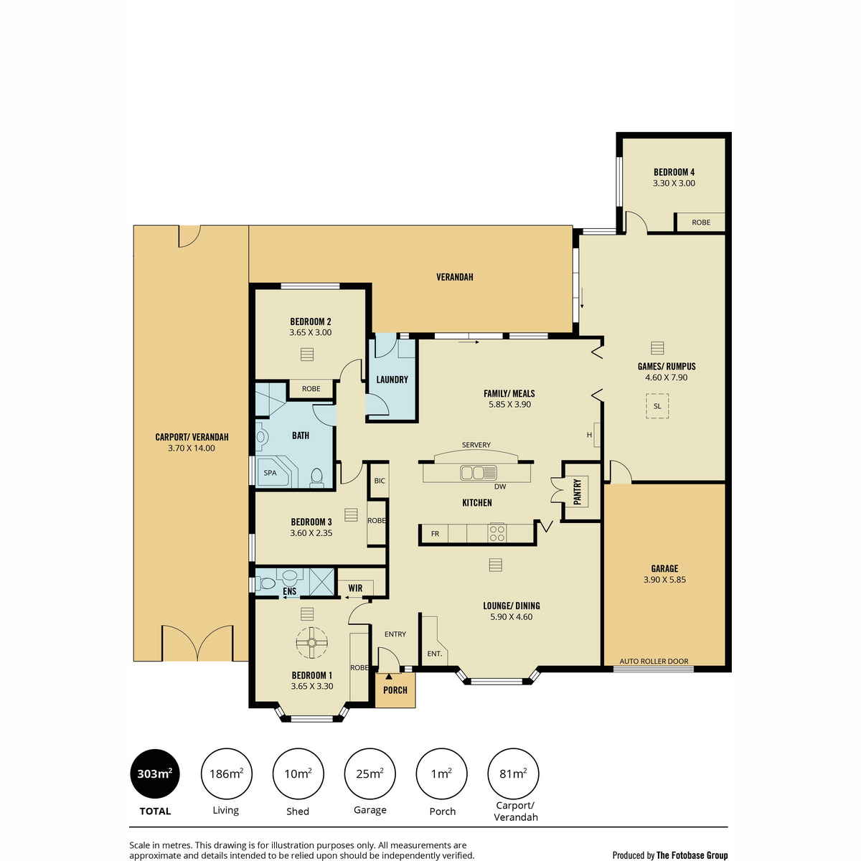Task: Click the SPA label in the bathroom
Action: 270,473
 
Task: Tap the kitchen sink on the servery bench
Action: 478,472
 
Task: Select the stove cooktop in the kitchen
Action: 497,532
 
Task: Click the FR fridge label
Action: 435,534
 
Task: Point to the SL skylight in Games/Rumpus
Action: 657,406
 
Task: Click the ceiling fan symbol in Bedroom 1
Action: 311,642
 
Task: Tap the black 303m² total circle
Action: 154,774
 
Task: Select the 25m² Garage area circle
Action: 370,774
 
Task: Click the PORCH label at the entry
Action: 395,690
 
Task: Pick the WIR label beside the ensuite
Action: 355,588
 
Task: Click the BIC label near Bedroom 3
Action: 380,481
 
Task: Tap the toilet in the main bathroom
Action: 317,477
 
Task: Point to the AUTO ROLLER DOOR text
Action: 654,662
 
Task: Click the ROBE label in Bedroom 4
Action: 700,222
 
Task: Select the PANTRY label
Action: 578,491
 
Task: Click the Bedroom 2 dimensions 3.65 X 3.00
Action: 311,332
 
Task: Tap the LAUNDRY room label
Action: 392,380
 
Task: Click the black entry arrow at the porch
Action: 388,677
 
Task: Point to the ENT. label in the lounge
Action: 434,654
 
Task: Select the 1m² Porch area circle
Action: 441,774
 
